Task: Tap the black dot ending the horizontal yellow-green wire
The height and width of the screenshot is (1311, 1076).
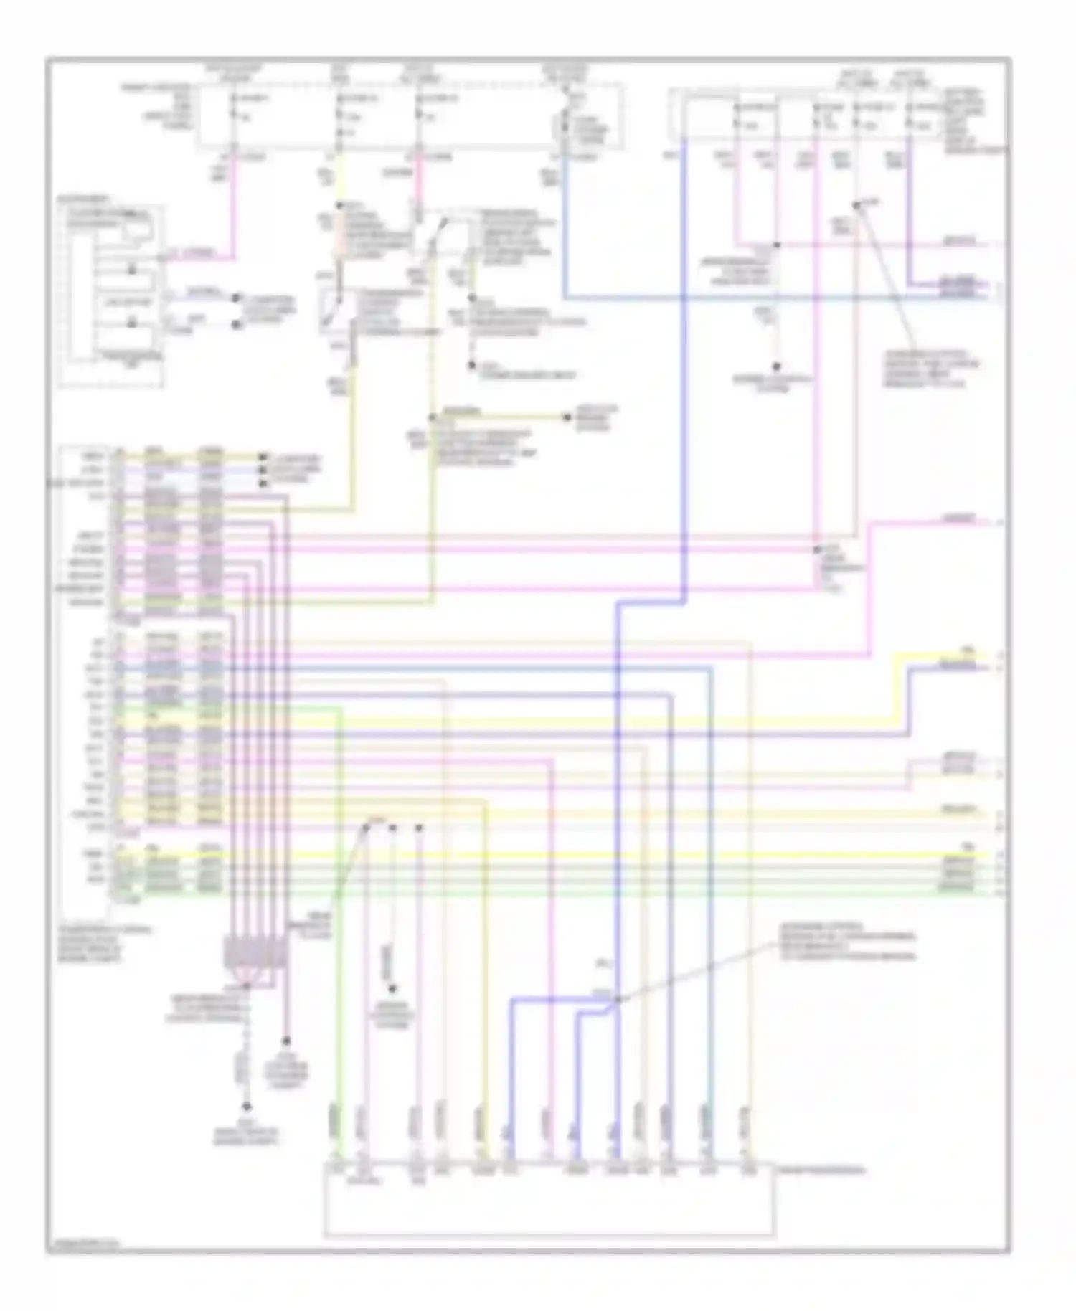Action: tap(566, 417)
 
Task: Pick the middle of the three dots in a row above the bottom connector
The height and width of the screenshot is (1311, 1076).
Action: tap(392, 828)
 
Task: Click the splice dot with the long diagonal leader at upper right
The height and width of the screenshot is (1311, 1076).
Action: tap(856, 206)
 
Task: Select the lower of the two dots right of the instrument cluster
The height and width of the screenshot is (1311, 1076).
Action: tap(236, 324)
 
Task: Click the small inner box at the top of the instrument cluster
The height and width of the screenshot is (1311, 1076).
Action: tap(137, 229)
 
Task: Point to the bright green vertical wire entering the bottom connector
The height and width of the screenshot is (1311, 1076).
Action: tap(340, 932)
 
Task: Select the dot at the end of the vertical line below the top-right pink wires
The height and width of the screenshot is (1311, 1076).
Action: tap(776, 366)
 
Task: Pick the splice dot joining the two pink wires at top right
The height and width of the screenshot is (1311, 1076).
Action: tap(776, 245)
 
